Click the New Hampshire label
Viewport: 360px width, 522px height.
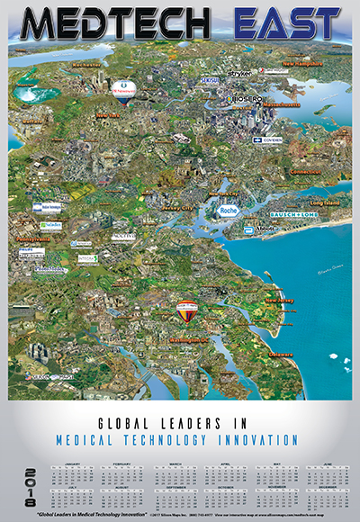[302, 65]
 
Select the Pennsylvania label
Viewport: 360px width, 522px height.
[31, 241]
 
